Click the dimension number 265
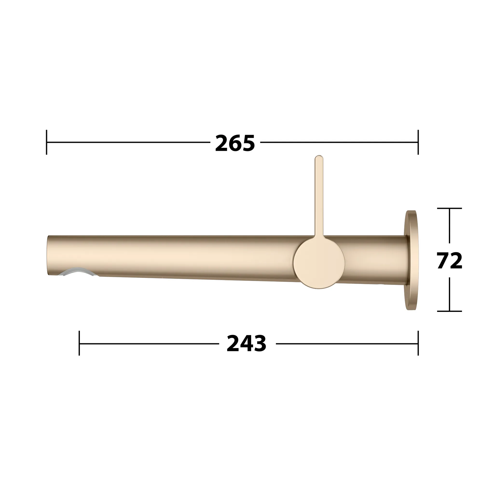click(x=235, y=143)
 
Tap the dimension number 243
click(x=247, y=344)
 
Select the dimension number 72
click(x=450, y=261)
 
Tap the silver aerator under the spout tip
click(x=78, y=272)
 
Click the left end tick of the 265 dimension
click(x=47, y=142)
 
